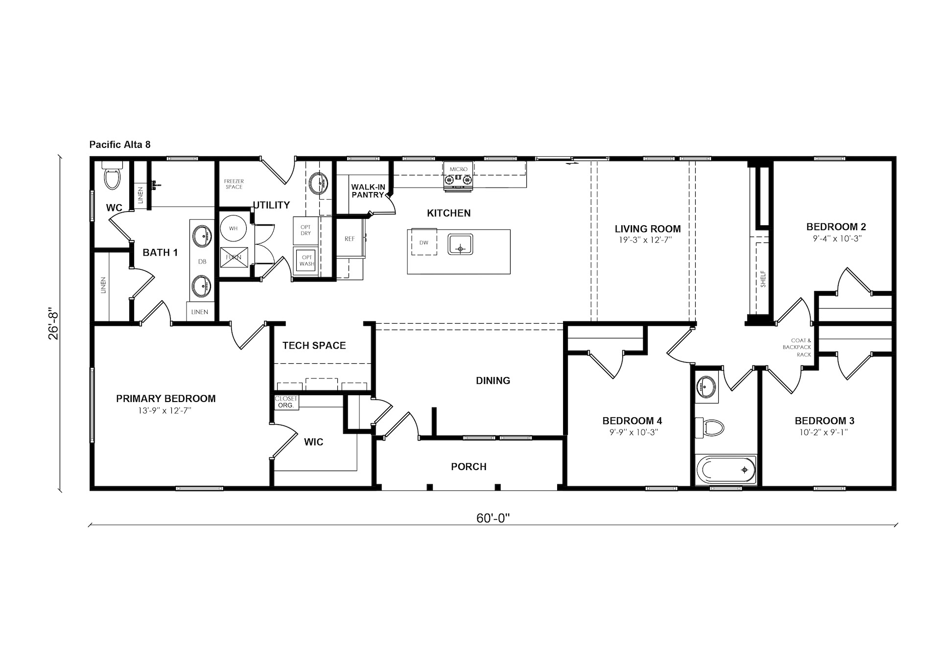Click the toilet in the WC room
pos(112,175)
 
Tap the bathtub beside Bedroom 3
pos(726,470)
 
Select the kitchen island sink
pos(460,244)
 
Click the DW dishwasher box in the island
pos(424,242)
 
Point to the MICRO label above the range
pos(459,169)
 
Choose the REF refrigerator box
pos(350,238)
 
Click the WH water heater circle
pos(234,228)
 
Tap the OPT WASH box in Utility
pos(306,261)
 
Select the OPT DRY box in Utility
pos(306,230)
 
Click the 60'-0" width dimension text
pos(493,518)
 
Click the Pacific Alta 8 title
pos(120,144)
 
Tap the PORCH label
pos(469,467)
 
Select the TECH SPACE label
pos(314,345)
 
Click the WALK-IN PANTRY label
pos(368,191)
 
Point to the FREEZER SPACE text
pos(234,184)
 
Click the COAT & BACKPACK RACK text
pos(797,347)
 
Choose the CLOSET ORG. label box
pos(286,402)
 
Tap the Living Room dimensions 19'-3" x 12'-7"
pos(647,240)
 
